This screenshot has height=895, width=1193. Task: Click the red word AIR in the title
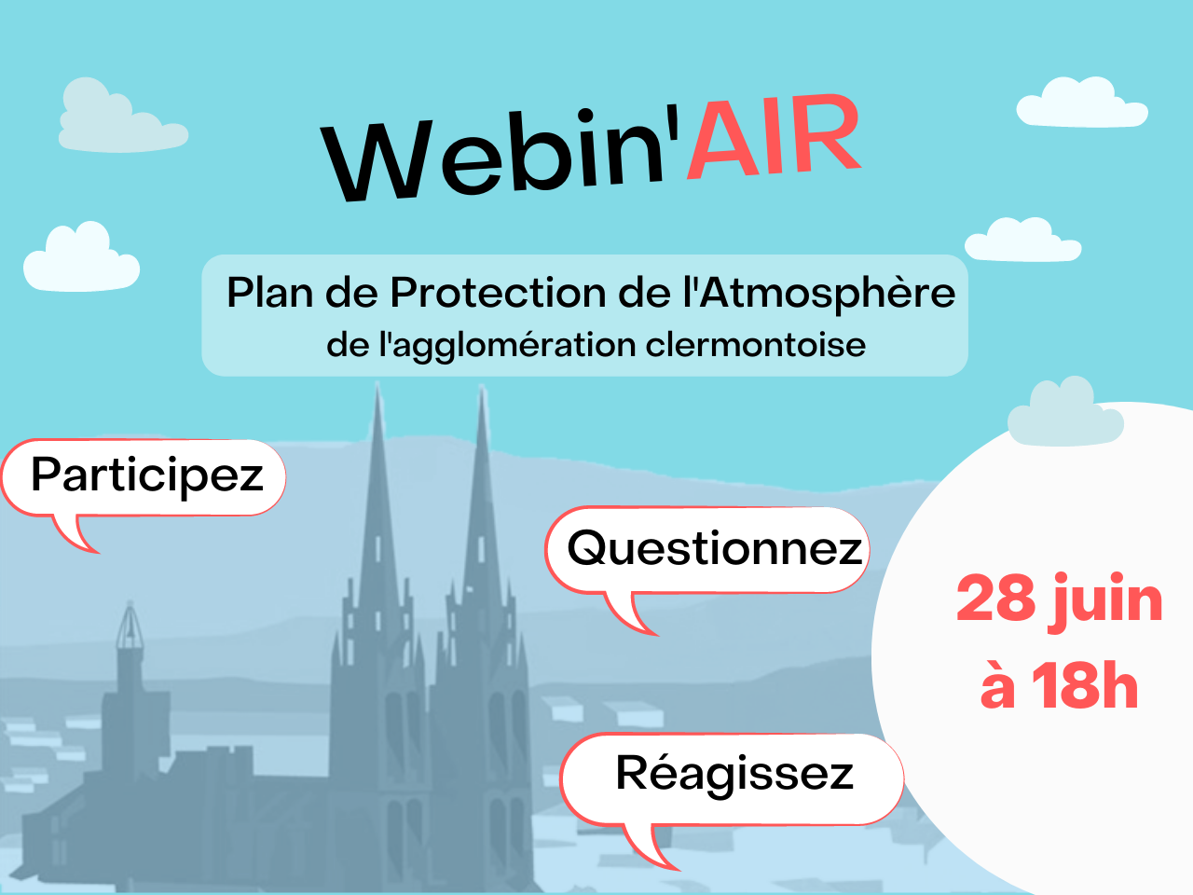[x=775, y=137]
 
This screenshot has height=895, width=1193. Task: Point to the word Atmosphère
[x=827, y=293]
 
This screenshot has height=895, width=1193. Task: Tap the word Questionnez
[x=715, y=549]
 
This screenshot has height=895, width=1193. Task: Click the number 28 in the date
[x=995, y=599]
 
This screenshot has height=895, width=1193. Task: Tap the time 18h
[x=1085, y=686]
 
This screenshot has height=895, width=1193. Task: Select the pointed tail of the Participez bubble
[x=76, y=535]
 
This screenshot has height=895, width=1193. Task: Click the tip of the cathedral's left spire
[x=377, y=383]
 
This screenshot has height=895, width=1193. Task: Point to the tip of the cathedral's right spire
[x=482, y=386]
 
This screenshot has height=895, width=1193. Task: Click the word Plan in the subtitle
[x=270, y=293]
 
